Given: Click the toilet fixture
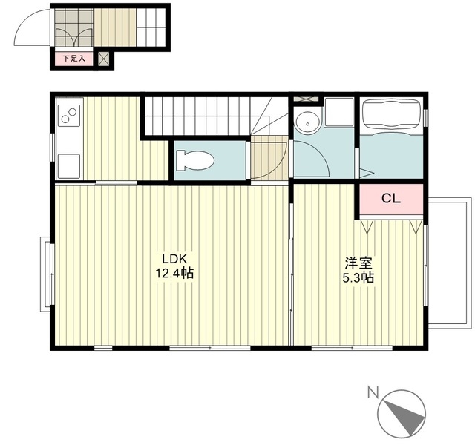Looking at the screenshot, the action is click(x=195, y=160).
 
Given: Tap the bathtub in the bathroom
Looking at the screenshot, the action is click(x=391, y=115).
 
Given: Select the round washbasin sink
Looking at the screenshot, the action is click(x=308, y=122).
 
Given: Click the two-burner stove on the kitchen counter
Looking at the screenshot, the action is click(x=69, y=115).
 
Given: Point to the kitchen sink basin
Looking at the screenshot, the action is click(x=69, y=166).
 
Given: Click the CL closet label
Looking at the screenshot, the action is click(x=391, y=199).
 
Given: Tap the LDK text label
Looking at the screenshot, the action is click(x=174, y=259).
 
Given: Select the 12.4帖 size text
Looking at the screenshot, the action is click(x=174, y=274).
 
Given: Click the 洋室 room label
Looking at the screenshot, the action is click(x=358, y=263).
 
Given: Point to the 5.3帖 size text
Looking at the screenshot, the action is click(x=358, y=277).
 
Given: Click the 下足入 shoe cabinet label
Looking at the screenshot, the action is click(x=73, y=59).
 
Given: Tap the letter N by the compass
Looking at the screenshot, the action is click(x=373, y=392).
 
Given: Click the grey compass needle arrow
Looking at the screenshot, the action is click(x=405, y=415).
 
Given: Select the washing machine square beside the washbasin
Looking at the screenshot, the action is click(x=338, y=112).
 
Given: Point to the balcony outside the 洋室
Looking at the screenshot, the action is click(x=450, y=263).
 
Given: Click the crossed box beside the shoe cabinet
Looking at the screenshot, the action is click(x=104, y=59).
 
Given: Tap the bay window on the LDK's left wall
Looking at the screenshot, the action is click(x=47, y=274).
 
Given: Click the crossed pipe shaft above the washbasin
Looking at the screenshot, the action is click(x=306, y=99).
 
